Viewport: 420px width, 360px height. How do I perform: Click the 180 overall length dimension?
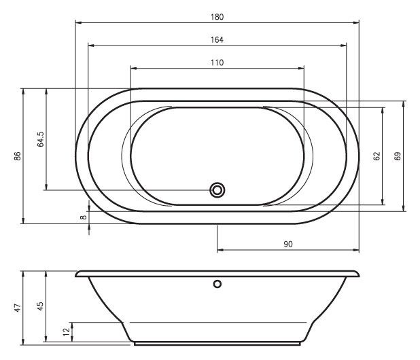(x=217, y=17)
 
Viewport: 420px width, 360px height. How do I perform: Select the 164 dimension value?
(x=217, y=40)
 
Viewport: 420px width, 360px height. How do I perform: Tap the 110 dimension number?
(x=217, y=62)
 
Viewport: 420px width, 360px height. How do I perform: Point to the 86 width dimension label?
(x=18, y=156)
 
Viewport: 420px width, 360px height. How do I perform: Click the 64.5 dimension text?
(x=41, y=139)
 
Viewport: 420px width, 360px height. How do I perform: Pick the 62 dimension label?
(x=377, y=156)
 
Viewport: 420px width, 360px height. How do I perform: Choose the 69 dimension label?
(x=398, y=156)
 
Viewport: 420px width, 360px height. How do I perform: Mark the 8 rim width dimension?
(x=84, y=217)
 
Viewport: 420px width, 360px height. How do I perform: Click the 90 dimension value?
(x=288, y=245)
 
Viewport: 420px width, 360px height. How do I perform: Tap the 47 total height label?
(x=18, y=308)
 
